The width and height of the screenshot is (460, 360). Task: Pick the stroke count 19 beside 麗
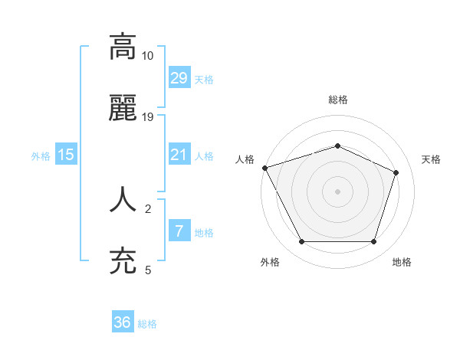(148, 117)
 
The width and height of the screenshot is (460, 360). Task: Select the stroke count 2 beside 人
(148, 208)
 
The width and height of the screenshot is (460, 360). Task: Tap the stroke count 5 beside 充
(148, 270)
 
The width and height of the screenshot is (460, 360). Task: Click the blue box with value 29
(179, 78)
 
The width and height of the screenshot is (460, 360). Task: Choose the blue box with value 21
(179, 155)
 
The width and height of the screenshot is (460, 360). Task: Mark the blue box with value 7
(179, 231)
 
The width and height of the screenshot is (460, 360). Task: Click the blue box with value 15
(66, 155)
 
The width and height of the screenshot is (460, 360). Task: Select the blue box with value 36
(123, 322)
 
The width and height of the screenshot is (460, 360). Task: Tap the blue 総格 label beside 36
(147, 324)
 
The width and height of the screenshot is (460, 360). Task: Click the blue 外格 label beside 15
(41, 156)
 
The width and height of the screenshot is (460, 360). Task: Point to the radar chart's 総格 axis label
(337, 100)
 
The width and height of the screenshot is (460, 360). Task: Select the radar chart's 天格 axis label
(432, 159)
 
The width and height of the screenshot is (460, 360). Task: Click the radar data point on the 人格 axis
(264, 168)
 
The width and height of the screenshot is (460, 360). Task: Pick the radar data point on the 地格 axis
(373, 241)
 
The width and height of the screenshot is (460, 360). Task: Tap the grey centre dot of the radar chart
(337, 191)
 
